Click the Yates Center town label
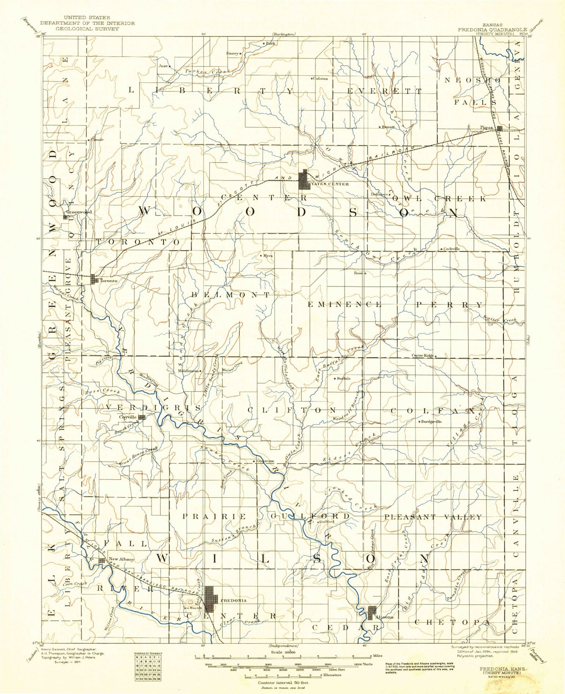[x=330, y=184]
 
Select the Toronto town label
[x=108, y=281]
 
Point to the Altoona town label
[x=384, y=617]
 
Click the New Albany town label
[x=121, y=559]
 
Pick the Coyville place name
[x=127, y=417]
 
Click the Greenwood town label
[x=79, y=212]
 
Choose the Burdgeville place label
[x=431, y=422]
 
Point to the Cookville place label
[x=452, y=249]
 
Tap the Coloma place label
[x=320, y=79]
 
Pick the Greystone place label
[x=266, y=461]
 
